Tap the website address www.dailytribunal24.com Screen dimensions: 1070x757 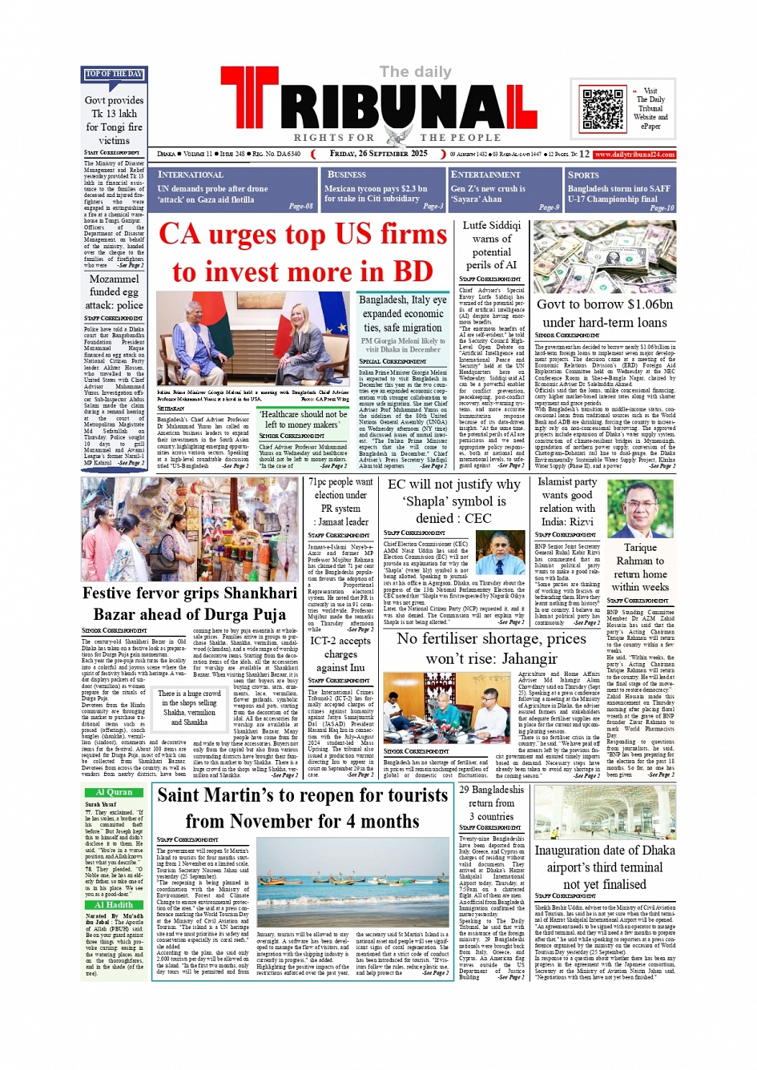point(634,154)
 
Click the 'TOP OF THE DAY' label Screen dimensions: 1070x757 point(114,74)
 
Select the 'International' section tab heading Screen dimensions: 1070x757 point(191,175)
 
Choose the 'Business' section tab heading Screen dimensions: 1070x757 point(347,175)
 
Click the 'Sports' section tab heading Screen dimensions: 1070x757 point(583,175)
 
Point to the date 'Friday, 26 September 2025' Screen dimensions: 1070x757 point(378,154)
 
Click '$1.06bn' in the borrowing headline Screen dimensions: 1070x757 point(639,304)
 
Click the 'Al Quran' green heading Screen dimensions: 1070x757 point(114,792)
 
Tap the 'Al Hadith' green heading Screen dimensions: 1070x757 point(114,905)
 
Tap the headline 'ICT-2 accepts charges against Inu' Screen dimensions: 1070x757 point(340,654)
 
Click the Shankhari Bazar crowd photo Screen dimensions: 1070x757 point(189,529)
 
